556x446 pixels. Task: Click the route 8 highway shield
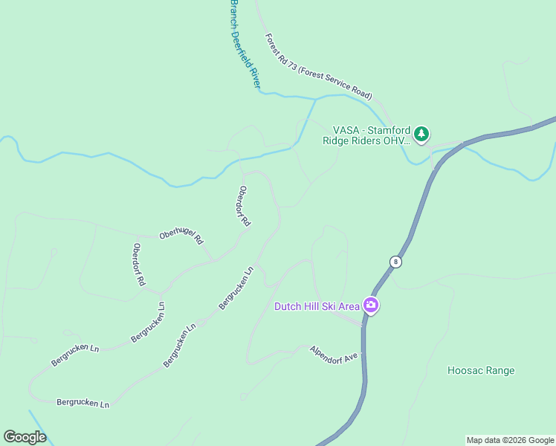[395, 262]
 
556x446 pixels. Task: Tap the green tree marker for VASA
[422, 134]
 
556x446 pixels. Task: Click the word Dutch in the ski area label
[288, 306]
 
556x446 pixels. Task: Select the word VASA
[346, 128]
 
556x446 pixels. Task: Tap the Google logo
[25, 437]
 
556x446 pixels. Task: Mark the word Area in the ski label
[349, 306]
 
